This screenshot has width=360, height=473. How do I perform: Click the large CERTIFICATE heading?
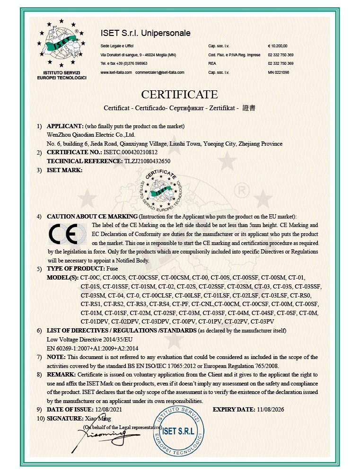[179, 94]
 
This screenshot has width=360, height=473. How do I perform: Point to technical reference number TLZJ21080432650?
[147, 161]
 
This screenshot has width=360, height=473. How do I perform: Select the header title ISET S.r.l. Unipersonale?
[145, 33]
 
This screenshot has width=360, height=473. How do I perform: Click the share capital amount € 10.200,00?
[278, 46]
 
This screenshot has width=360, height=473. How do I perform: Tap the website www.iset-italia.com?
[116, 72]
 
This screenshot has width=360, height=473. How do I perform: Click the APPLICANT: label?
[65, 126]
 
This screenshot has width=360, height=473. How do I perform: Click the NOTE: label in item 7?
[56, 357]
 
